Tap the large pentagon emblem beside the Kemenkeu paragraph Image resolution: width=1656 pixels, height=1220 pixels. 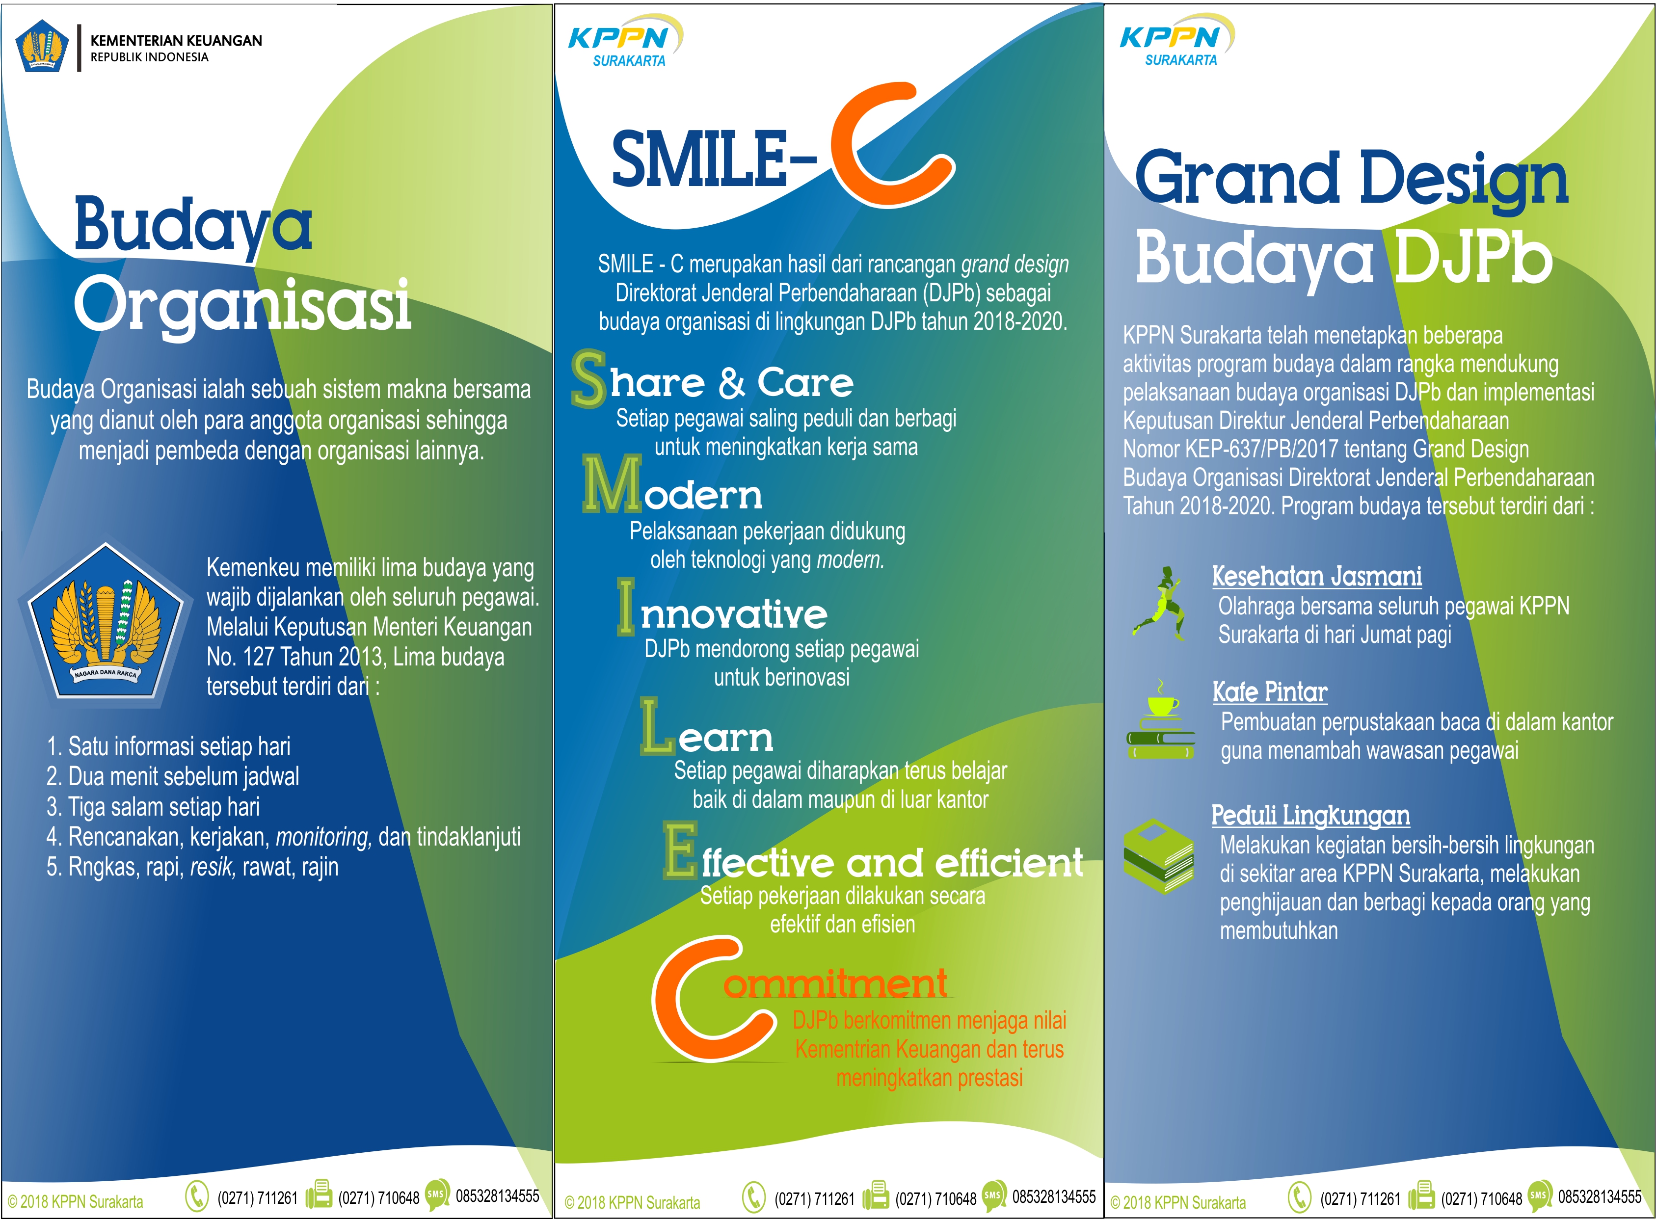pyautogui.click(x=105, y=621)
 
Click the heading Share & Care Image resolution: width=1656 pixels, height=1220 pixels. pyautogui.click(x=713, y=380)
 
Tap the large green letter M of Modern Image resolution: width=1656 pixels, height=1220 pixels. pyautogui.click(x=612, y=484)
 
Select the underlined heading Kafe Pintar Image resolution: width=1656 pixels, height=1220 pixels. pyautogui.click(x=1270, y=692)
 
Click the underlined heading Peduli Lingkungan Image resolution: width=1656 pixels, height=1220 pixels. pyautogui.click(x=1310, y=815)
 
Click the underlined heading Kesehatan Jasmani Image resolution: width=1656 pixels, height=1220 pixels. pyautogui.click(x=1317, y=576)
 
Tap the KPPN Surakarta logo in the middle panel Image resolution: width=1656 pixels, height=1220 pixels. pyautogui.click(x=625, y=42)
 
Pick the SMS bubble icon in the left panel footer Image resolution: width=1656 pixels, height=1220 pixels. pyautogui.click(x=437, y=1193)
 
